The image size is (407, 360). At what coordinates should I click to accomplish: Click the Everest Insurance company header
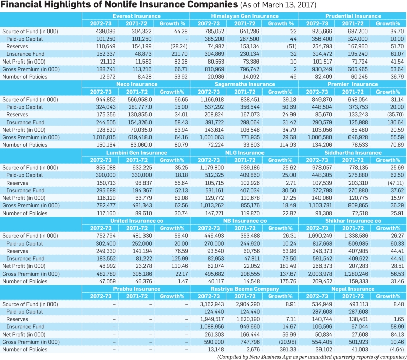(136, 16)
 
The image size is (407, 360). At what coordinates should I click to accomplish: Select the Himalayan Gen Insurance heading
(245, 16)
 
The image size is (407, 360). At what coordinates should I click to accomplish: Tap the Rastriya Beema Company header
(245, 289)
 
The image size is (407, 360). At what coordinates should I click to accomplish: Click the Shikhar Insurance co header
(353, 221)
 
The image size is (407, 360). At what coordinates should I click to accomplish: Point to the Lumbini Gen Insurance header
(136, 153)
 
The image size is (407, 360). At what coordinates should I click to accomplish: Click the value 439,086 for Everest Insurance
(106, 32)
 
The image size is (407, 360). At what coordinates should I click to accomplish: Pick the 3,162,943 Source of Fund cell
(212, 304)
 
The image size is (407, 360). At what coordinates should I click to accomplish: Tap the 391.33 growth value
(288, 349)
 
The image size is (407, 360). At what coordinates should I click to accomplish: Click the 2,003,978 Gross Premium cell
(320, 274)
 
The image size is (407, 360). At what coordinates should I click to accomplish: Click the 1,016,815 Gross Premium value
(104, 137)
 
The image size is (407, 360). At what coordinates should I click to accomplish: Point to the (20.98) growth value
(287, 342)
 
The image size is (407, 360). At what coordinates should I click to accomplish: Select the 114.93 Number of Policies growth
(288, 145)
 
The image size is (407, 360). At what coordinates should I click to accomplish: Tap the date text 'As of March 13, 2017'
(278, 5)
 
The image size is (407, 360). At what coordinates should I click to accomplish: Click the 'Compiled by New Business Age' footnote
(312, 357)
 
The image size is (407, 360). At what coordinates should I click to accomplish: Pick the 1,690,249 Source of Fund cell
(320, 236)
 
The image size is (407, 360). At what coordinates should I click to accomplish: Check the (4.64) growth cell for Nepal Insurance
(397, 349)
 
